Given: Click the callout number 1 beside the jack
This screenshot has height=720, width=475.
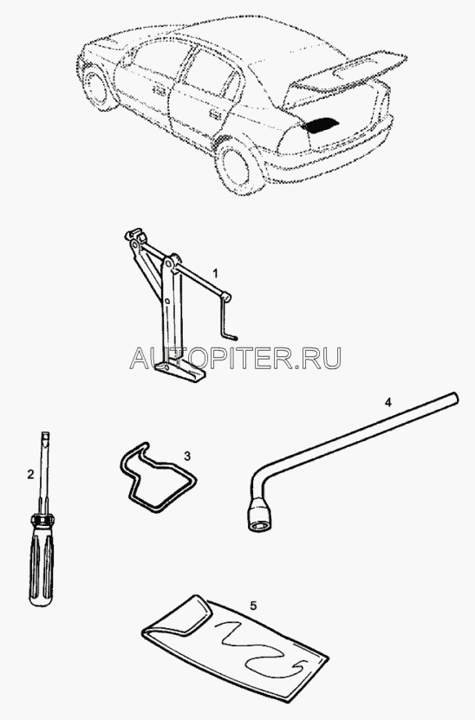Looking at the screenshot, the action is pos(215,273).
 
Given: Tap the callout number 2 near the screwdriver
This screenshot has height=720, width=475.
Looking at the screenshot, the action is pos(30,474).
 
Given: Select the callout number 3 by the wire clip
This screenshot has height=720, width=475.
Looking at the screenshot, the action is pos(187,456).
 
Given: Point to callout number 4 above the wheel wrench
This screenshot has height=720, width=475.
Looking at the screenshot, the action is pos(388,403).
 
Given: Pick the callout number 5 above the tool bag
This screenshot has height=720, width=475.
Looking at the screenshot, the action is pos(254,606).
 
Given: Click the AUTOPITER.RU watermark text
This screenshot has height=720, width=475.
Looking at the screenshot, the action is pos(236,358).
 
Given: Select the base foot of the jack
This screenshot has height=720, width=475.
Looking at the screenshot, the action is pos(180,371).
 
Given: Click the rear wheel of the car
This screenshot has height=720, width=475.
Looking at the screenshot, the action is pos(238,166).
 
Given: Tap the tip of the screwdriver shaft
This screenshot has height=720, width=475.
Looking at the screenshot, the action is pos(44,433).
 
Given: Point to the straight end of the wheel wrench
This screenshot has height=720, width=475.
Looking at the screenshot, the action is pos(452,397).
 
